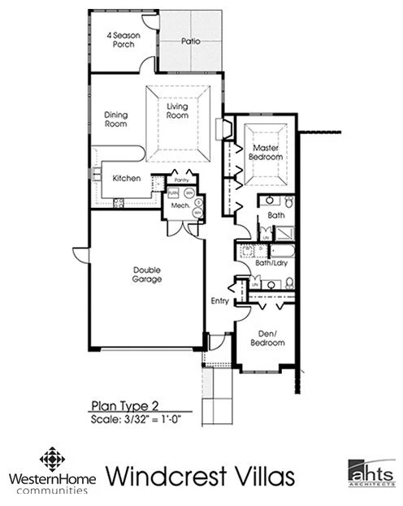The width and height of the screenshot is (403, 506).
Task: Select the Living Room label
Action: [178, 111]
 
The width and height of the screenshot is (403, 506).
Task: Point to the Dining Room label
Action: [117, 119]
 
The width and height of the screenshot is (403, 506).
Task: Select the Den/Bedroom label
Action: [267, 339]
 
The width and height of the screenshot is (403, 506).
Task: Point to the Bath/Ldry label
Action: [267, 263]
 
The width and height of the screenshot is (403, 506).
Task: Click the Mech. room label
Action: [180, 207]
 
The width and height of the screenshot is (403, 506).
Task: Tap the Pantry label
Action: [181, 180]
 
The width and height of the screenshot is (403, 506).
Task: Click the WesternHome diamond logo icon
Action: [54, 458]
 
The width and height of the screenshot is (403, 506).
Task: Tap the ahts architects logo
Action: [370, 473]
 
